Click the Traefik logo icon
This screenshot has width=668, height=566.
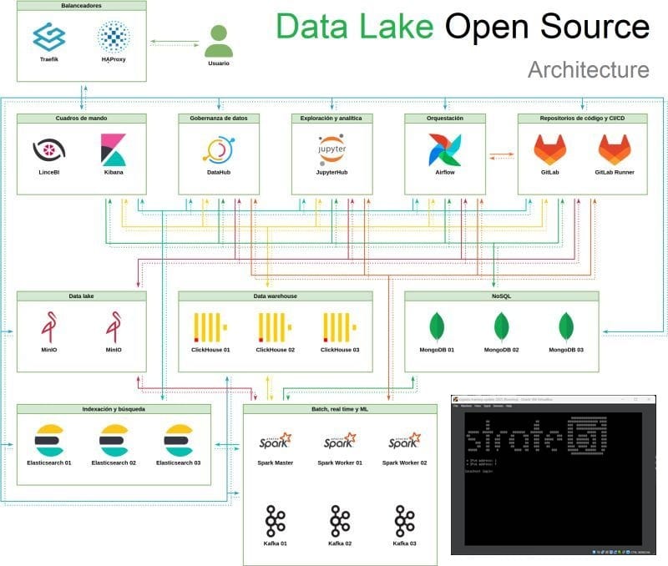(48, 36)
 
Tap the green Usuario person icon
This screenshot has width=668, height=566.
(219, 40)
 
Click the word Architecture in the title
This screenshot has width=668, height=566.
(588, 69)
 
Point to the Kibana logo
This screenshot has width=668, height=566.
(114, 149)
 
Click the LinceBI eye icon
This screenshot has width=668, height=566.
(48, 150)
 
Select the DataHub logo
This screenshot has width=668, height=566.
(219, 149)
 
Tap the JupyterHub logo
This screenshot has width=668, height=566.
(331, 149)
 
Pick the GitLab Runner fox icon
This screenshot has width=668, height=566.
(615, 149)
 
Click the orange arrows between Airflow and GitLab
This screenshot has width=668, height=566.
(500, 154)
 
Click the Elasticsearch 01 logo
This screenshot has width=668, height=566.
(49, 440)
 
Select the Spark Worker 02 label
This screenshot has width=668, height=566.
(404, 462)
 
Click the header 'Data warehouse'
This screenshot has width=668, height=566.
(276, 296)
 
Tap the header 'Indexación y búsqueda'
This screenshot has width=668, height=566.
(114, 409)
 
